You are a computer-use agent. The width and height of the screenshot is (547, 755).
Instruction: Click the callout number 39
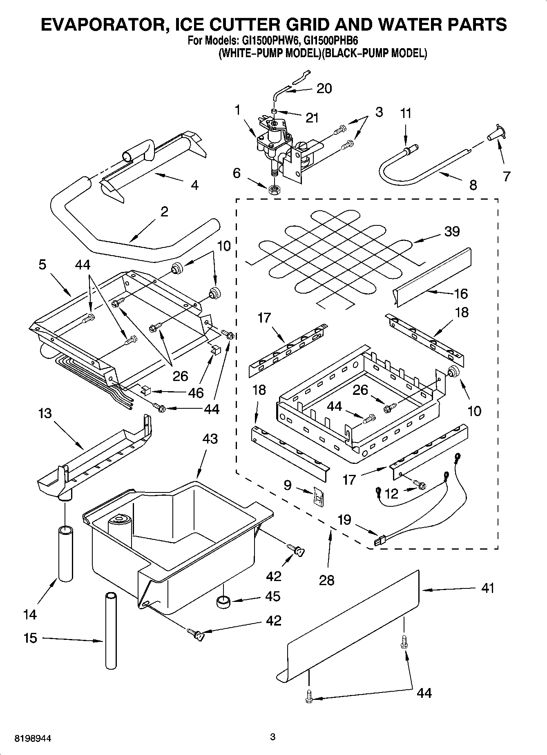(x=452, y=232)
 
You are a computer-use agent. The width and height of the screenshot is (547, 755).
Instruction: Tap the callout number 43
(x=210, y=439)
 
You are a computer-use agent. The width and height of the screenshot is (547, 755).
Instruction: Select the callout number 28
(x=327, y=580)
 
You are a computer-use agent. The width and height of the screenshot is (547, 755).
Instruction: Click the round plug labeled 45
(x=223, y=601)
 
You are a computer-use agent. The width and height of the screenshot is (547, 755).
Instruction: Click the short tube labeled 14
(x=65, y=553)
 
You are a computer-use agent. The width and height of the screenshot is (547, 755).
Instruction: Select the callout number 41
(x=487, y=588)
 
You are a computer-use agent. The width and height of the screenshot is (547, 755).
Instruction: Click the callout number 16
(x=460, y=294)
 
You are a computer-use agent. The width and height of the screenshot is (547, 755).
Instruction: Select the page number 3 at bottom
(x=273, y=737)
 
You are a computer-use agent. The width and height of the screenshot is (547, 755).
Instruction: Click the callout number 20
(x=324, y=89)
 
